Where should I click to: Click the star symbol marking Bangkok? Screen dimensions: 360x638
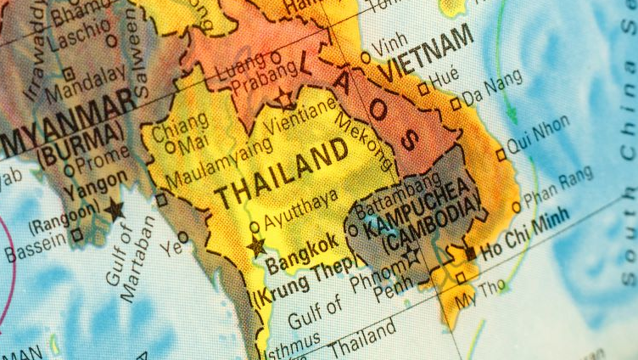[255, 247]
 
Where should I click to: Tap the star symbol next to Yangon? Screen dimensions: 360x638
[114, 208]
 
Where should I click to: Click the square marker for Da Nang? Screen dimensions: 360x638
[456, 103]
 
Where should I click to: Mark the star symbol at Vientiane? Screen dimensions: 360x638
[285, 99]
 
